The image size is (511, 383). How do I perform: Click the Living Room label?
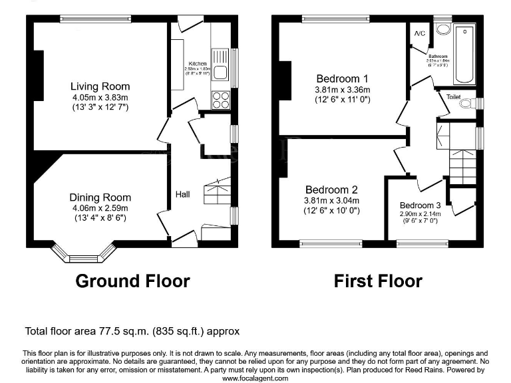coord(100,86)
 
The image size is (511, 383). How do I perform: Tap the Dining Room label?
coord(100,197)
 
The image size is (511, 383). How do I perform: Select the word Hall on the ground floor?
coord(183,194)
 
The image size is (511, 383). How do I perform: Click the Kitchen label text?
coord(197,63)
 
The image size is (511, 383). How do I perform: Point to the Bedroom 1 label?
coord(342,76)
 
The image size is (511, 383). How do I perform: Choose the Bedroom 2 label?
coord(331,189)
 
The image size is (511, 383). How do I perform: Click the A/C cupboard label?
coord(420,33)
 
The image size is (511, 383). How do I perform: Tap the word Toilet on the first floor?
coord(453,97)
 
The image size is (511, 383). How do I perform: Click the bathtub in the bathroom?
coord(464,53)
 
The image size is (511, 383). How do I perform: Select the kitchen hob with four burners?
coord(221,100)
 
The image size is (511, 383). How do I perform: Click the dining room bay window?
coord(84,257)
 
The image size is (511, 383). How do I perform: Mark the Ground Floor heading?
coord(132,281)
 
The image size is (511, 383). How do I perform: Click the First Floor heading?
coord(378,281)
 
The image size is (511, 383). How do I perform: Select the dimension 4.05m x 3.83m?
coord(100,97)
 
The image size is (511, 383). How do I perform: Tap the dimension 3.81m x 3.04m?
coord(331,200)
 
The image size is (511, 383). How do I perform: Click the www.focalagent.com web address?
coord(255,378)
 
